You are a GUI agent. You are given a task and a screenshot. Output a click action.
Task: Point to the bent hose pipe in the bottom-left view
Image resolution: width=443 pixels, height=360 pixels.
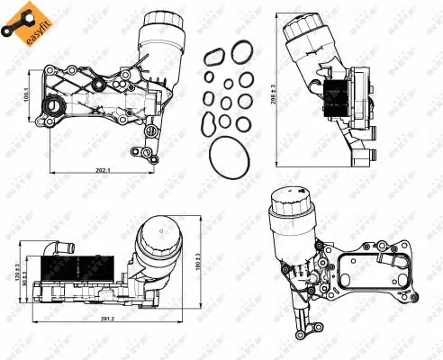(x=53, y=247)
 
